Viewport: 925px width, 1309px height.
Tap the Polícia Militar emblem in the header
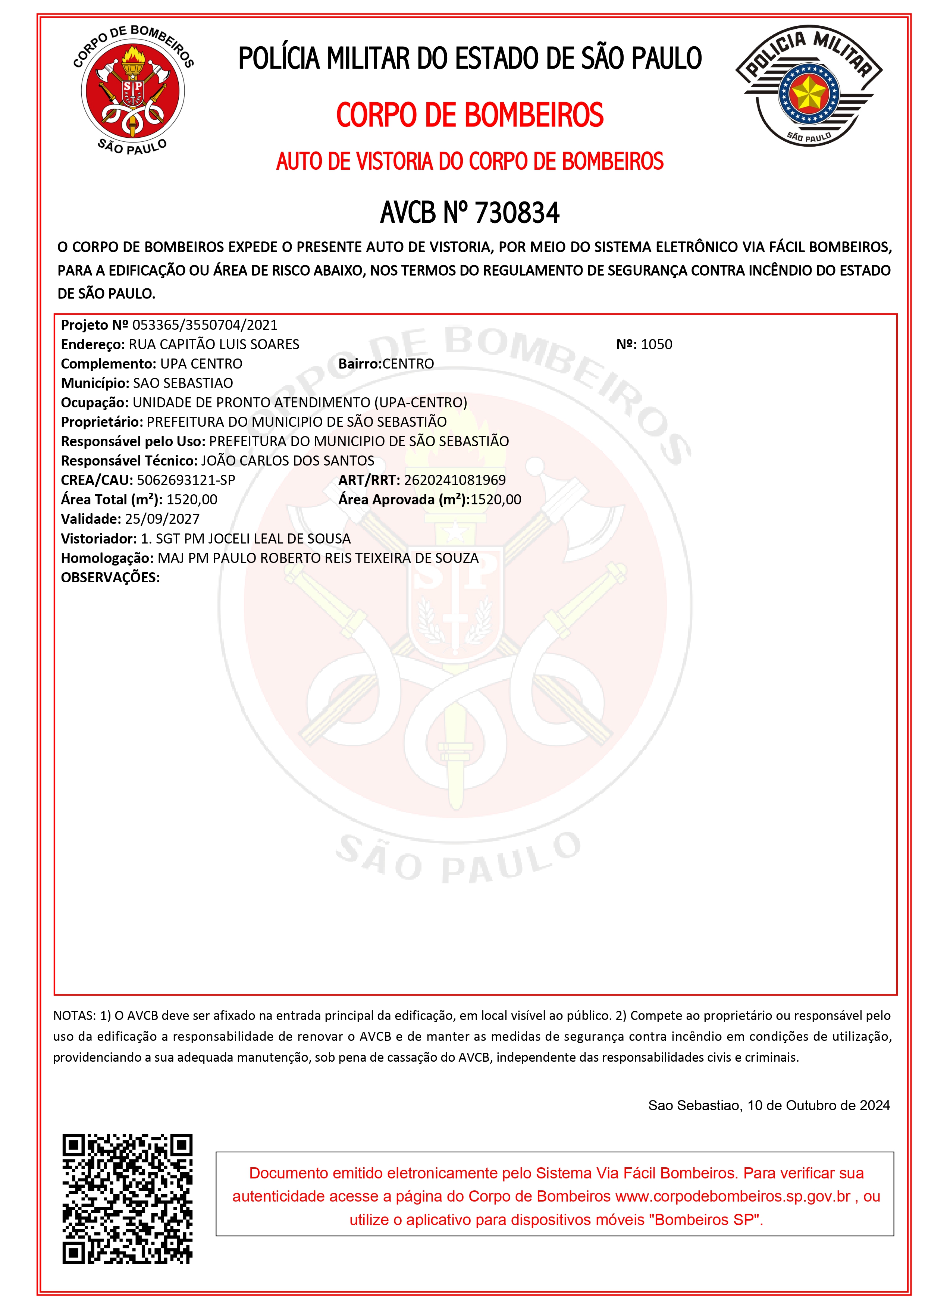(809, 85)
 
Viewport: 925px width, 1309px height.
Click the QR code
(127, 1199)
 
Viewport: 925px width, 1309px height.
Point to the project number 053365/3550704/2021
(205, 325)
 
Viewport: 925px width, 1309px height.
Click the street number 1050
(656, 344)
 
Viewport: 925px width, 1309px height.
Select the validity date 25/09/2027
(162, 519)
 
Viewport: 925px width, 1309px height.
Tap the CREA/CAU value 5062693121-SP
(186, 480)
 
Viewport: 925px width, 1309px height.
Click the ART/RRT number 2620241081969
(455, 480)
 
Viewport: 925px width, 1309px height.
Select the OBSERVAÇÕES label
(110, 577)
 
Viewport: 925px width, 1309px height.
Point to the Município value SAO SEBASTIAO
(183, 383)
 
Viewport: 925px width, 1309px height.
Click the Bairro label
(360, 364)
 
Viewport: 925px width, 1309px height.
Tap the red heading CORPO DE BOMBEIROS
(470, 115)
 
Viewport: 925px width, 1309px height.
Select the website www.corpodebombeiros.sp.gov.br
(733, 1196)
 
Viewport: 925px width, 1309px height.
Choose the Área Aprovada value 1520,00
(496, 500)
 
